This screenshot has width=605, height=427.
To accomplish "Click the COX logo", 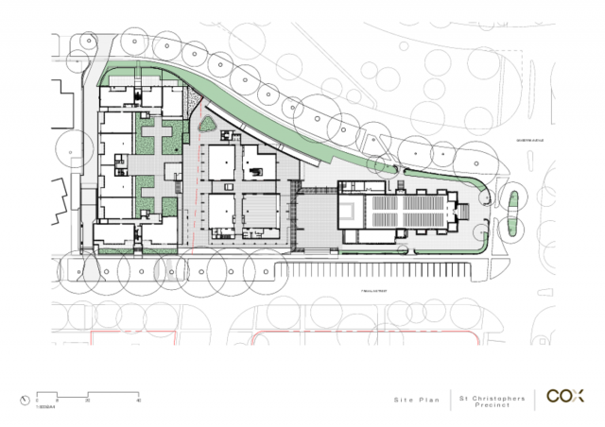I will (566, 397).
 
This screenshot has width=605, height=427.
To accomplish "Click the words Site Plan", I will (414, 401).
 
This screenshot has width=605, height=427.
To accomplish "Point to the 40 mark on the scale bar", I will (139, 401).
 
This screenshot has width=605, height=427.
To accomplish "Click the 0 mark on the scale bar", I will (37, 401).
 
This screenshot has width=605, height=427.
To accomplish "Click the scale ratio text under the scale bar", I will (43, 407).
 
